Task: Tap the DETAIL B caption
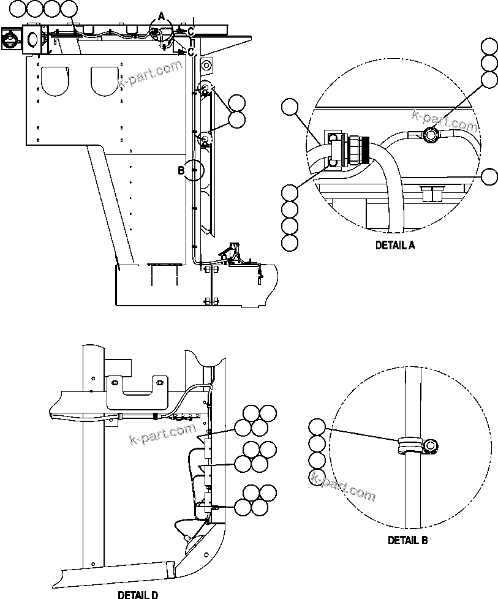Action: tap(407, 540)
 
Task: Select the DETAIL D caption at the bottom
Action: tap(138, 594)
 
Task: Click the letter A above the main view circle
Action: tap(162, 15)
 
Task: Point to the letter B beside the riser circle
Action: tap(181, 170)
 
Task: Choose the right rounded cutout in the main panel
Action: tap(104, 80)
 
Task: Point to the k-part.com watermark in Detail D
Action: tap(163, 434)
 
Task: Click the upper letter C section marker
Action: tap(191, 31)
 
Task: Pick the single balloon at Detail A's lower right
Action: tap(489, 176)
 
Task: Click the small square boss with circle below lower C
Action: tap(206, 64)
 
